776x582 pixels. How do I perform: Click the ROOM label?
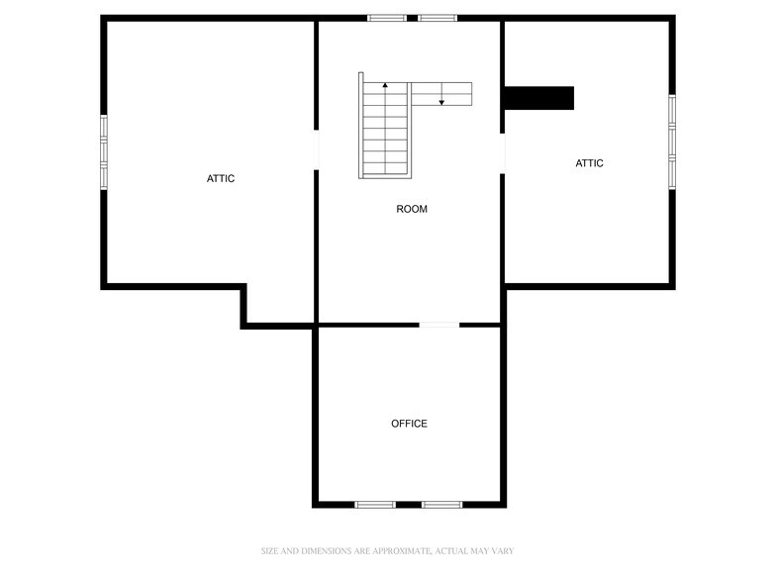412,209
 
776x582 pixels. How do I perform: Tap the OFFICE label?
409,424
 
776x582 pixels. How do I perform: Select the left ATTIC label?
221,178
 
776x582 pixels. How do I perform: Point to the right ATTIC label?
589,163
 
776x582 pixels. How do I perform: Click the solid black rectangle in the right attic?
539,98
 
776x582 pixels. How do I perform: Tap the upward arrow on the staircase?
385,88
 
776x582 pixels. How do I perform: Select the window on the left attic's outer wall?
104,151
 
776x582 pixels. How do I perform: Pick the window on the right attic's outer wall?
671,141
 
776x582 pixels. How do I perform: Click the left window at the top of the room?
387,18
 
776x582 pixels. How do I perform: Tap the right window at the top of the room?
436,18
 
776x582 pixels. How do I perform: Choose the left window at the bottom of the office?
375,505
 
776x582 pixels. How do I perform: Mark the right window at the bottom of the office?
441,505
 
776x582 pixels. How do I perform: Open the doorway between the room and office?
438,324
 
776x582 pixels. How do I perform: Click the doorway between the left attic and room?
316,150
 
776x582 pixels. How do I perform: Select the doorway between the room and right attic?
503,153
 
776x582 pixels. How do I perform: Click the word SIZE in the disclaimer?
270,550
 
